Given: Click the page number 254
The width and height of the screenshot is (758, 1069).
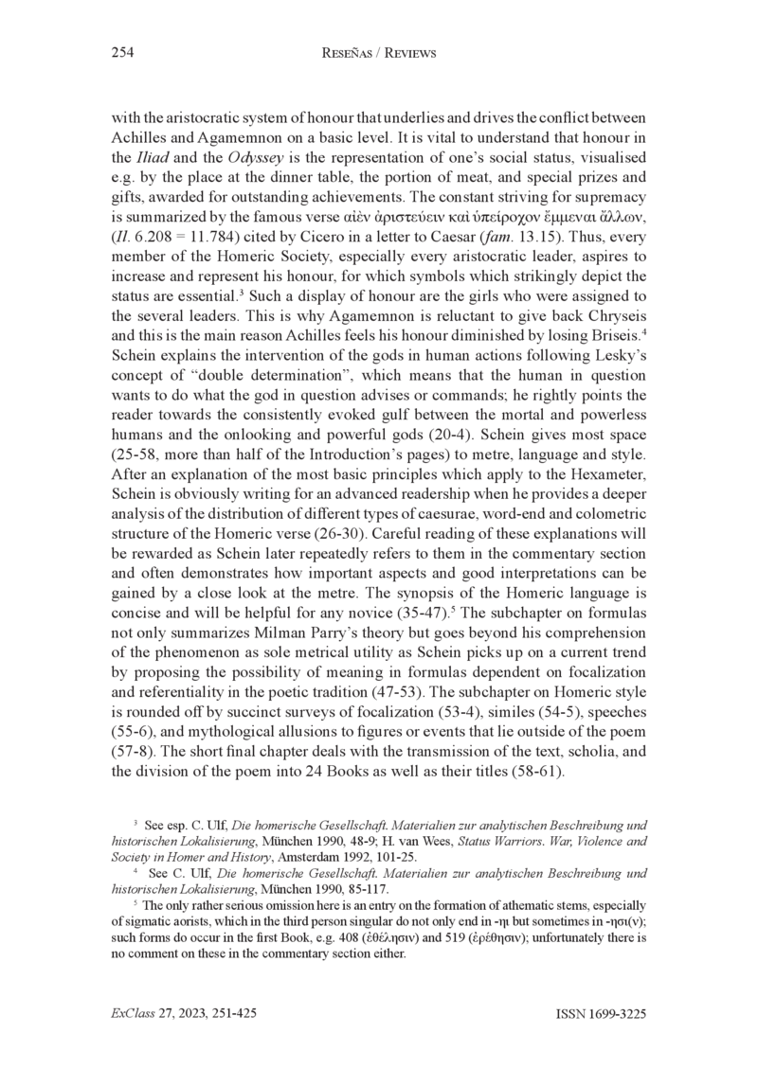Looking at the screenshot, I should (x=122, y=54).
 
